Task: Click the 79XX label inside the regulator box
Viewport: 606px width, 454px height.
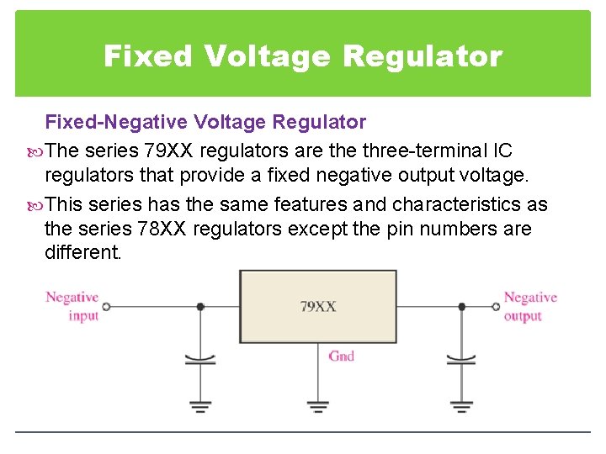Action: (x=318, y=307)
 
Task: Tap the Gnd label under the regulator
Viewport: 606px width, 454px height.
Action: (x=341, y=356)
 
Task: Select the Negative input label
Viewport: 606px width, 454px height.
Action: (x=72, y=306)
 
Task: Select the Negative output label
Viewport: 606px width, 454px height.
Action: (x=530, y=306)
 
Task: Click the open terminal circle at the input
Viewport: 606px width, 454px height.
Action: (x=106, y=307)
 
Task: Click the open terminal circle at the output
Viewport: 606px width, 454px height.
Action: (x=496, y=307)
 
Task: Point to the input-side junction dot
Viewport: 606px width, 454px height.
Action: (x=199, y=307)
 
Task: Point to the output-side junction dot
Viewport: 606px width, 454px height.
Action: (x=460, y=307)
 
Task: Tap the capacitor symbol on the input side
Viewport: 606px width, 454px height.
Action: (x=199, y=360)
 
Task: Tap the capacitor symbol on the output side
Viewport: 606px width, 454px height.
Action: (x=460, y=360)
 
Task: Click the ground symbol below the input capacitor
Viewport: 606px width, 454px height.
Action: (x=199, y=407)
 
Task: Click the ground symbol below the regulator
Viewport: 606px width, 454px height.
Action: (x=317, y=407)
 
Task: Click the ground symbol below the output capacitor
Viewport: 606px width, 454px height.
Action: (x=460, y=407)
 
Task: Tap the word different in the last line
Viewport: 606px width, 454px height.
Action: (x=82, y=252)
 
